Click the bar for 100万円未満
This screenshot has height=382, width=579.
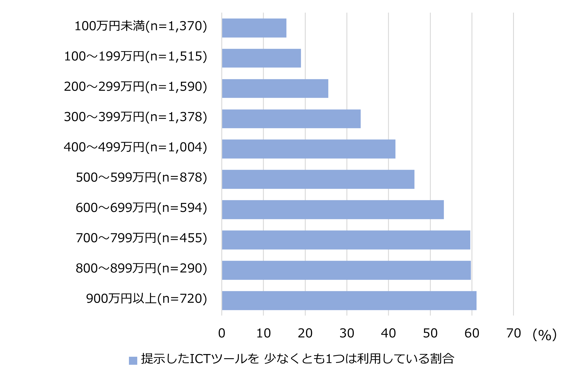coord(254,28)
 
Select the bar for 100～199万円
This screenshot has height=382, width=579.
coord(261,58)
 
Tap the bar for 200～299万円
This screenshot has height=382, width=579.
coord(275,88)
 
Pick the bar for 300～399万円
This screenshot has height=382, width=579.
coord(291,119)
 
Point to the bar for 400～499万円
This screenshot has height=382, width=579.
coord(309,149)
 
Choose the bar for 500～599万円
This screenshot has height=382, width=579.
coord(318,179)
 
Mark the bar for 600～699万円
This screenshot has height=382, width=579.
coord(333,210)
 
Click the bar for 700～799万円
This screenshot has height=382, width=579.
coord(346,240)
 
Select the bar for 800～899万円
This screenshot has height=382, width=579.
coord(346,270)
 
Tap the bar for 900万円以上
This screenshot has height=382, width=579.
coord(349,301)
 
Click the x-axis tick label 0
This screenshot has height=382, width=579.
coord(222,333)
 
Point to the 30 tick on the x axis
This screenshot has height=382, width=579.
coord(347,333)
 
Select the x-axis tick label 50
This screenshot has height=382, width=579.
coord(430,333)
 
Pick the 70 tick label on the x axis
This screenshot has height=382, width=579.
coord(514,333)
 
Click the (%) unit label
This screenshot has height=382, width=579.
coord(544,335)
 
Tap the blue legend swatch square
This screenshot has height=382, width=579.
coord(133,361)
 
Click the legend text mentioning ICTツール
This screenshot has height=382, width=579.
coord(297,359)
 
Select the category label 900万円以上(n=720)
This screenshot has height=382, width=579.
coord(146,298)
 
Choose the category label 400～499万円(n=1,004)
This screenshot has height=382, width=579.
coord(135,147)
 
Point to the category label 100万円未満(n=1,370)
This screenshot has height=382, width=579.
coord(141,26)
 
